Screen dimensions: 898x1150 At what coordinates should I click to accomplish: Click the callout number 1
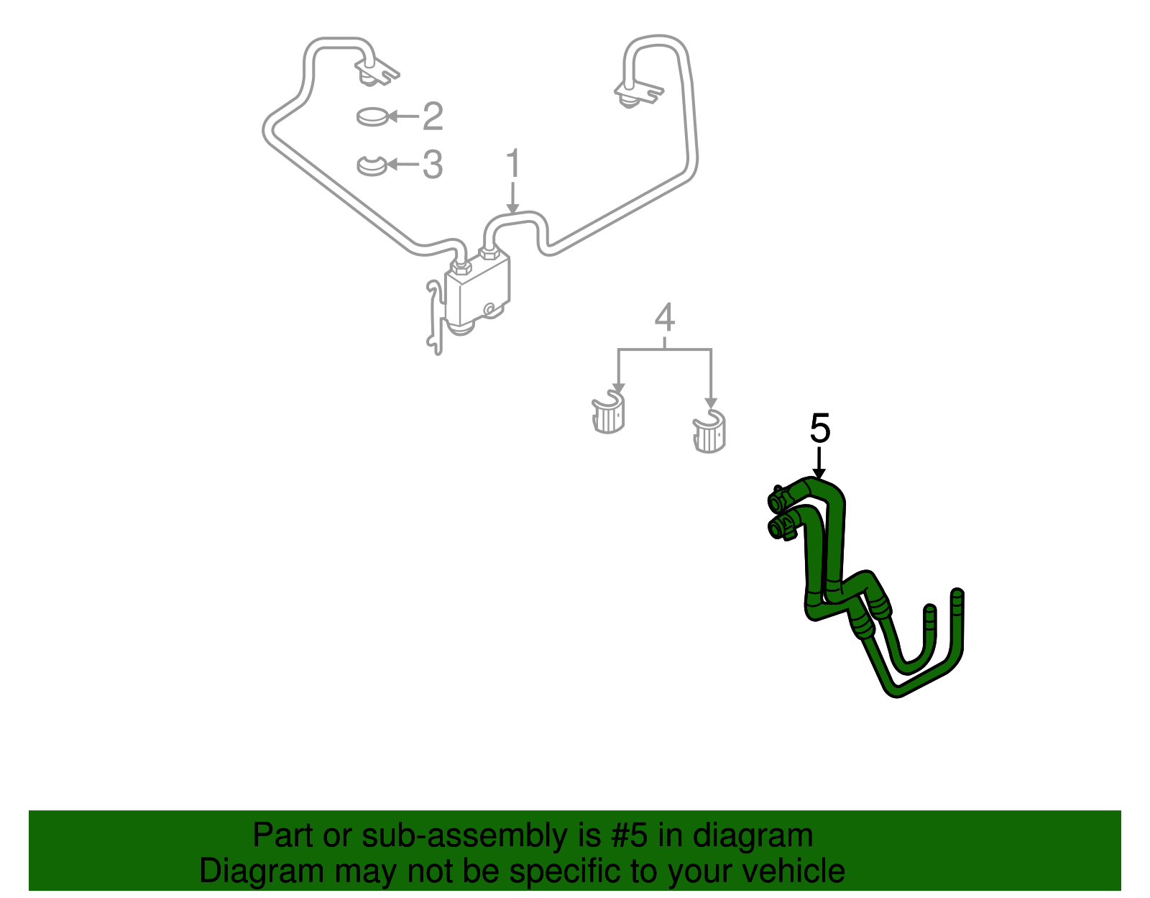click(512, 165)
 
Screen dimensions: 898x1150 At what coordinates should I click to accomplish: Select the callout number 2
click(432, 116)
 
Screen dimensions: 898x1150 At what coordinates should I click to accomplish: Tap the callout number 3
click(432, 165)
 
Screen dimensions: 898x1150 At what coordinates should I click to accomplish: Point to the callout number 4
click(665, 318)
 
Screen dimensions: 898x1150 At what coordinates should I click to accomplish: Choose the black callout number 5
click(819, 429)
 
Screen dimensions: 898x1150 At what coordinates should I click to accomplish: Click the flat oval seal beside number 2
click(372, 116)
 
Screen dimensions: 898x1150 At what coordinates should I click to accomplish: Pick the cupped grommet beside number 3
click(372, 165)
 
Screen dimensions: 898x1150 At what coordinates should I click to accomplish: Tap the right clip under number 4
click(709, 432)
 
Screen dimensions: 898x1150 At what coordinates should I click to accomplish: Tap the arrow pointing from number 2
click(403, 116)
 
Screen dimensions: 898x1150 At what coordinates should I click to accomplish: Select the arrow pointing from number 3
click(403, 165)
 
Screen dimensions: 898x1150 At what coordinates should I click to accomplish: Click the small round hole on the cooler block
click(489, 309)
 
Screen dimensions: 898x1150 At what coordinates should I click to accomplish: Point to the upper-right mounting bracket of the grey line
click(636, 93)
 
